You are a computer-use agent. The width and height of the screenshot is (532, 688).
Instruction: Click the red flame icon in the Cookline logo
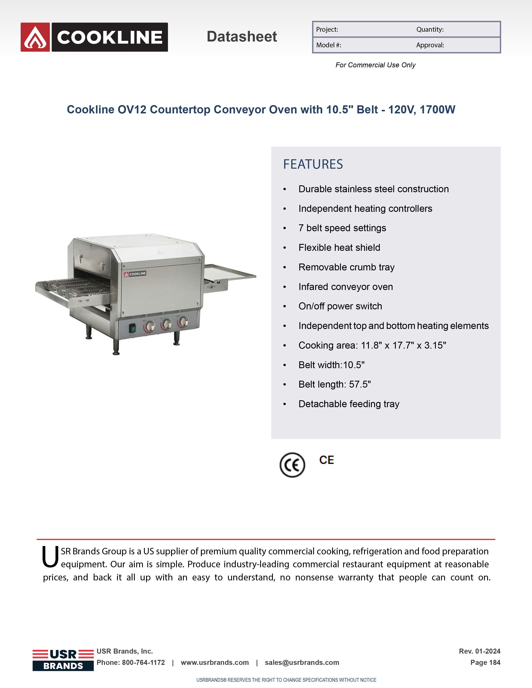(35, 37)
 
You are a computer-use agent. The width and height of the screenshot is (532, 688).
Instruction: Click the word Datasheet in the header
(242, 36)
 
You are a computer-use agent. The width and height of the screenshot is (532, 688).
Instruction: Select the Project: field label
(327, 30)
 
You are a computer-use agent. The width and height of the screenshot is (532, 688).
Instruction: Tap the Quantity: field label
(430, 30)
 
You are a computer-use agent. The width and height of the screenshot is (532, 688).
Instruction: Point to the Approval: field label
(430, 45)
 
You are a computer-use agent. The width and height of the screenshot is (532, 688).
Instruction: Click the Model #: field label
(328, 45)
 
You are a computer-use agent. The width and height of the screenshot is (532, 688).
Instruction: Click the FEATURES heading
(313, 164)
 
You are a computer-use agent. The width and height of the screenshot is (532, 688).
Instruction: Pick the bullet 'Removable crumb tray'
(346, 267)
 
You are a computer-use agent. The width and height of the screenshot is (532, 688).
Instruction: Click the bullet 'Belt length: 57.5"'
(334, 384)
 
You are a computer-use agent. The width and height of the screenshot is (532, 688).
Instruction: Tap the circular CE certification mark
(292, 465)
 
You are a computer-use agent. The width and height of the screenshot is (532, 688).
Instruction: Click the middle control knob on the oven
(167, 324)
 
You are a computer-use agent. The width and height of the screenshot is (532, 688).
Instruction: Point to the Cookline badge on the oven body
(135, 274)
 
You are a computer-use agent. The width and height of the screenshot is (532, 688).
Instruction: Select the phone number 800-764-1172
(143, 663)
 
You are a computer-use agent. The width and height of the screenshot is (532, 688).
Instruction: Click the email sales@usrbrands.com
(302, 663)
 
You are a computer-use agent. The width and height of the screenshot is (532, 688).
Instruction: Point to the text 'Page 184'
(485, 663)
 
